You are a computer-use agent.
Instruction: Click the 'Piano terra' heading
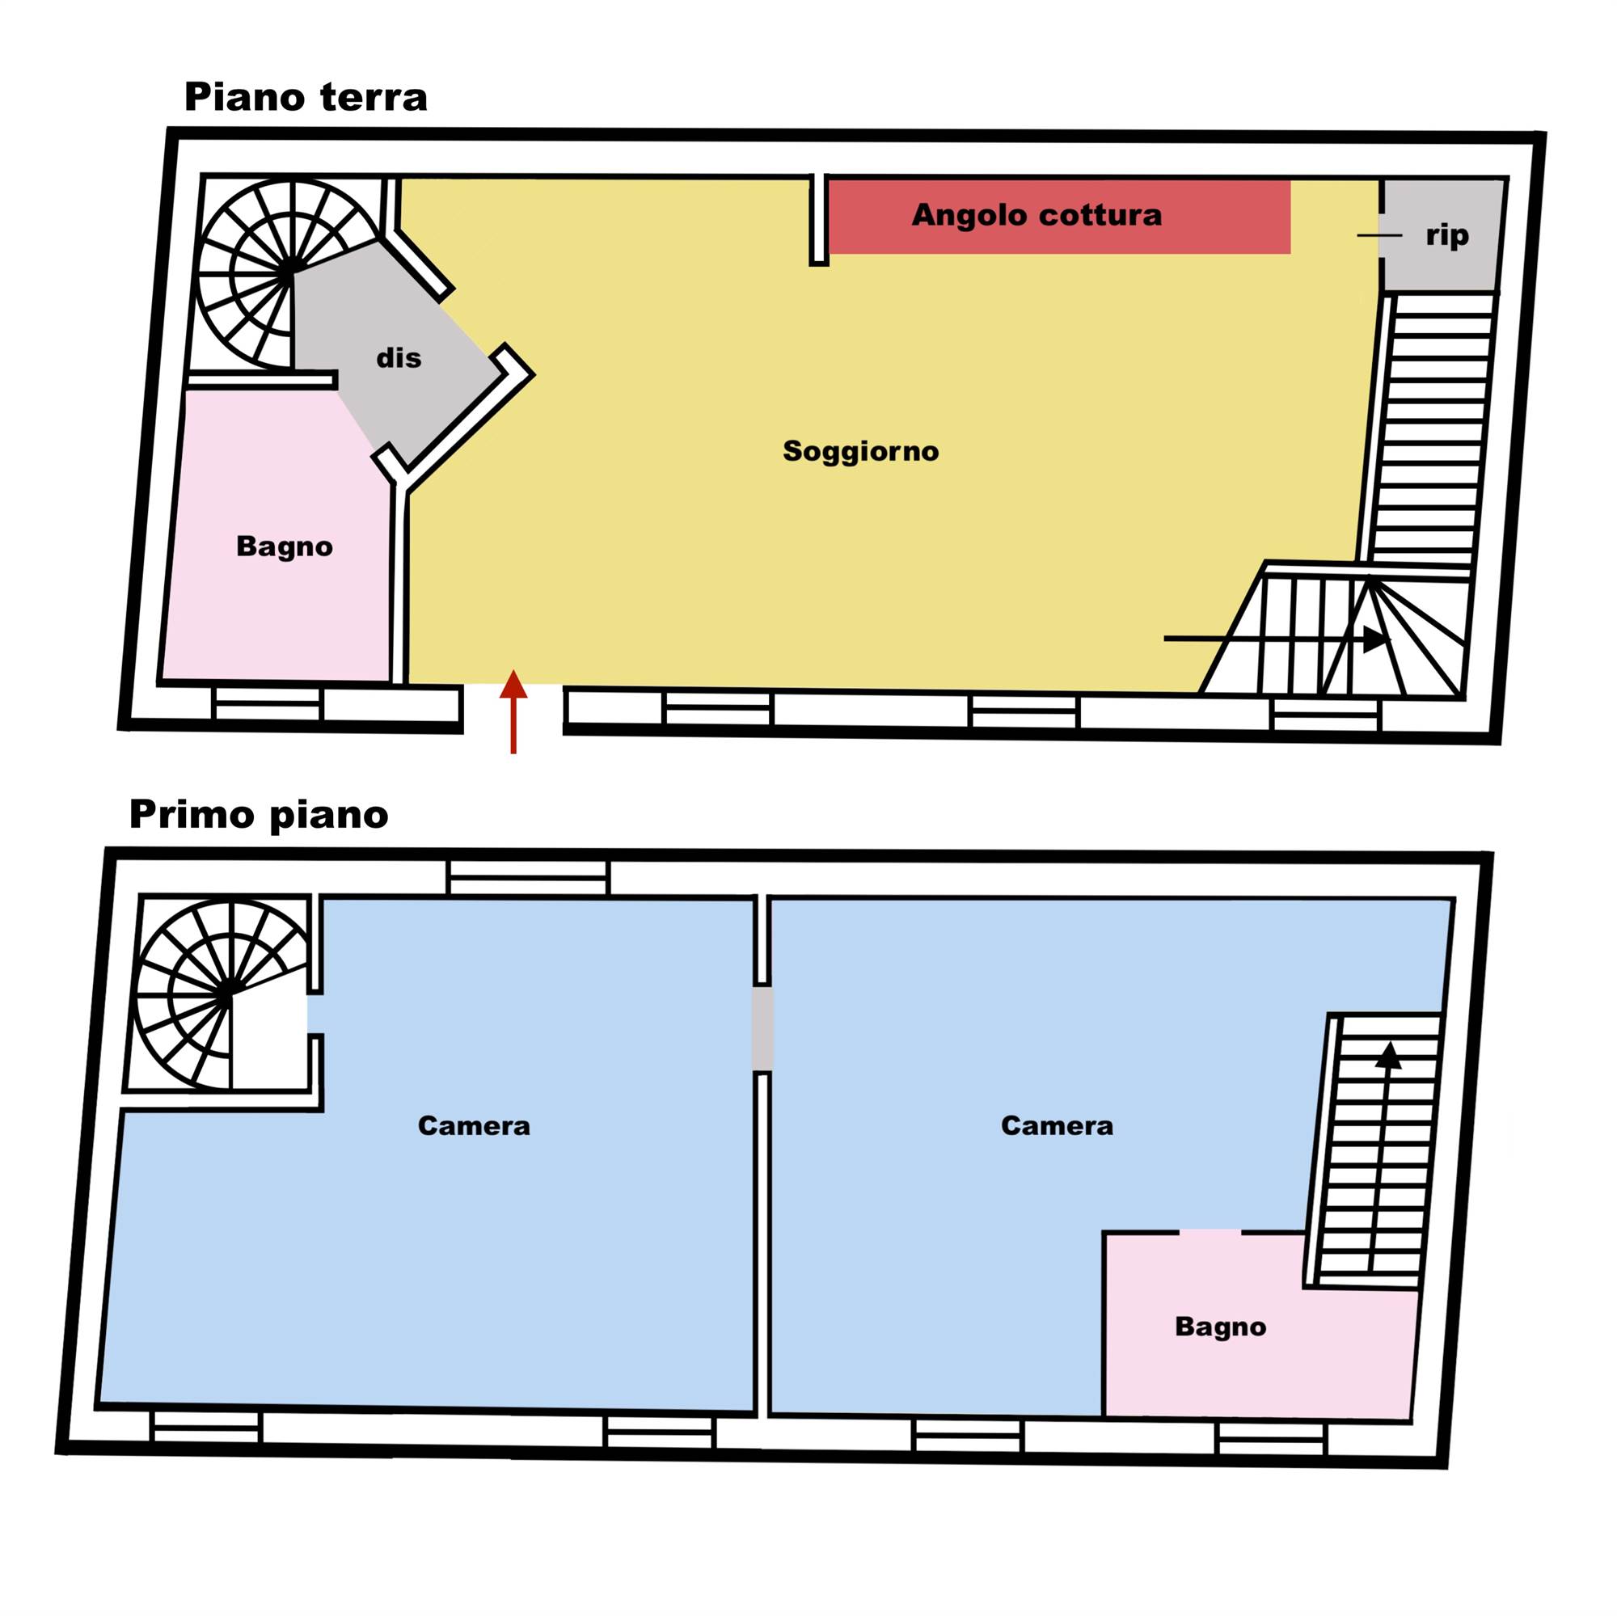coord(306,97)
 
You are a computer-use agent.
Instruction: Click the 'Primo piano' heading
coord(259,815)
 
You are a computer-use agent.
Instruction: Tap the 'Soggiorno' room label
coord(860,451)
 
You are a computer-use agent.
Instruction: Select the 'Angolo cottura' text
coord(1036,215)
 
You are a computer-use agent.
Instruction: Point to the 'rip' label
coord(1447,236)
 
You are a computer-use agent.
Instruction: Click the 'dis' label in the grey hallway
coord(399,358)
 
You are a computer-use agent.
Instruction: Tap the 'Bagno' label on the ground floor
coord(285,546)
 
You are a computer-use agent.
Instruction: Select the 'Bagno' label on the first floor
coord(1220,1327)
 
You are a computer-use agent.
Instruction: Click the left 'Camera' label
coord(474,1125)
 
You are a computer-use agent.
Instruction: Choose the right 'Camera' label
coord(1057,1125)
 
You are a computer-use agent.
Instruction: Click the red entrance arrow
coord(513,711)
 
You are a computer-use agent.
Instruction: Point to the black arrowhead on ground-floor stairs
coord(1376,639)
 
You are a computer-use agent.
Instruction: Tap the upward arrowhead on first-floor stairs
coord(1388,1055)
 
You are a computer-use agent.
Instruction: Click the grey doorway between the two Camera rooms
coord(762,1028)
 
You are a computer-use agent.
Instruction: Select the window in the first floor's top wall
coord(528,877)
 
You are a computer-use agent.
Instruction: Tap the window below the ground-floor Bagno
coord(267,704)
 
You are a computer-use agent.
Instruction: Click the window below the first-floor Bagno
coord(1270,1439)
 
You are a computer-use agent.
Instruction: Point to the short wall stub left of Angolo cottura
coord(818,220)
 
